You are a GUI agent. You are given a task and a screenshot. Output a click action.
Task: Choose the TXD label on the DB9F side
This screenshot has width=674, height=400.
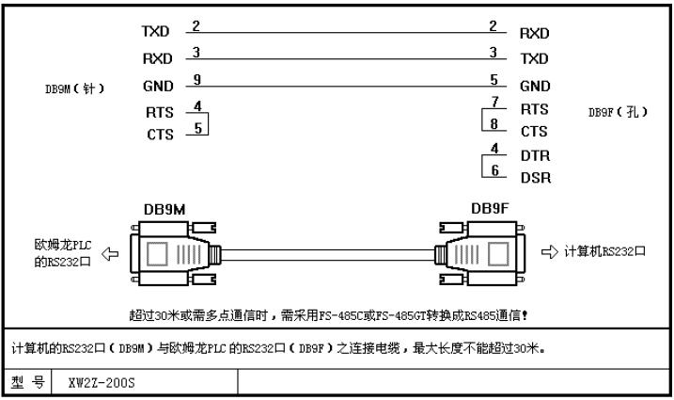534,58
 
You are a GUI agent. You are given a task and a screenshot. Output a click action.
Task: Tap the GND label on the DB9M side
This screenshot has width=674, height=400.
158,87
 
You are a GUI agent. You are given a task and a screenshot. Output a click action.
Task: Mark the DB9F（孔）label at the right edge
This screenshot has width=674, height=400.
618,111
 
